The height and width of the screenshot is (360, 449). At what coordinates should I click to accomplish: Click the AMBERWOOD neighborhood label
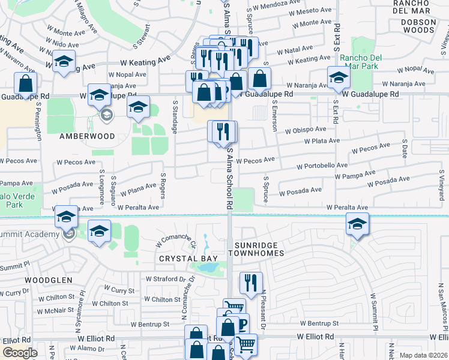87,136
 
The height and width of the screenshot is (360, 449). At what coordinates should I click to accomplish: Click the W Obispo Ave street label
306,130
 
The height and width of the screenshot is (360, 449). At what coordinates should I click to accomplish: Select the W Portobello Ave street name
322,166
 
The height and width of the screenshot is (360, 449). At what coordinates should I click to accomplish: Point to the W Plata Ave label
322,141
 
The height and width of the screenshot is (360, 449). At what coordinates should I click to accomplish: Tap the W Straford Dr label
166,279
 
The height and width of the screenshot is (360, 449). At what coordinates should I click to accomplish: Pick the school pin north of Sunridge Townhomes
358,224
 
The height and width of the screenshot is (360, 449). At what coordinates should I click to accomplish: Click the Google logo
20,352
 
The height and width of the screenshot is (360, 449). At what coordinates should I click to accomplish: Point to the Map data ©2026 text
424,355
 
